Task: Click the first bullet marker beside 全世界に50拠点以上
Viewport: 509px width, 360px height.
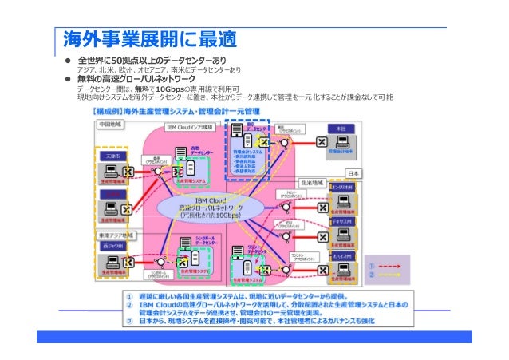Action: pyautogui.click(x=69, y=61)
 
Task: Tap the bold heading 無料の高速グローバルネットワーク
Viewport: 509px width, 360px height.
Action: pyautogui.click(x=136, y=80)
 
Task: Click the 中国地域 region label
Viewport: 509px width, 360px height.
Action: pyautogui.click(x=109, y=125)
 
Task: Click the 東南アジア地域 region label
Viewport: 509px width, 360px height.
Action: pyautogui.click(x=117, y=235)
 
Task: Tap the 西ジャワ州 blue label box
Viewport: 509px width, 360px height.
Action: pyautogui.click(x=112, y=247)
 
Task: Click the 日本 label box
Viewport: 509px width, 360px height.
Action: pyautogui.click(x=355, y=173)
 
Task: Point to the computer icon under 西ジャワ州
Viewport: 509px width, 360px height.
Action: pyautogui.click(x=109, y=262)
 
